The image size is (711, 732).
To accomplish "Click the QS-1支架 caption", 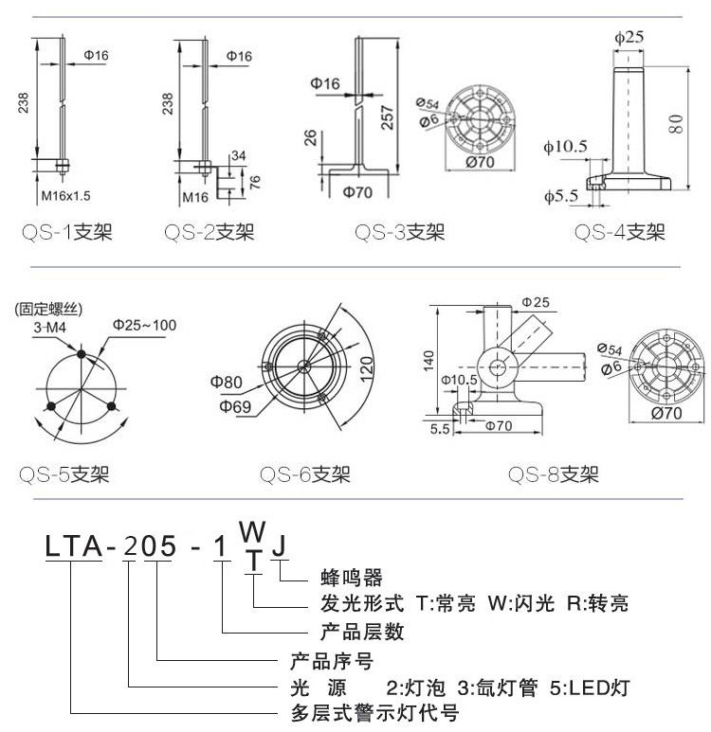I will [x=66, y=231].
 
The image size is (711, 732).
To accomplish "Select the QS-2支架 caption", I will [x=209, y=231].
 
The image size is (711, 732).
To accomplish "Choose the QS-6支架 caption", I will [x=305, y=474].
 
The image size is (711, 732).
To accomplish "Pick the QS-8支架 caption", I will [x=553, y=474].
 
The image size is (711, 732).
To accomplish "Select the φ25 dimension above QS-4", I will [x=629, y=37].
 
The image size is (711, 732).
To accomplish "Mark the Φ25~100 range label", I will [x=144, y=325].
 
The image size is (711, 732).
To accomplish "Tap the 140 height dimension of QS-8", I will [x=429, y=360].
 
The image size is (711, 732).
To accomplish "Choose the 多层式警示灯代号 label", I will [x=374, y=712].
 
